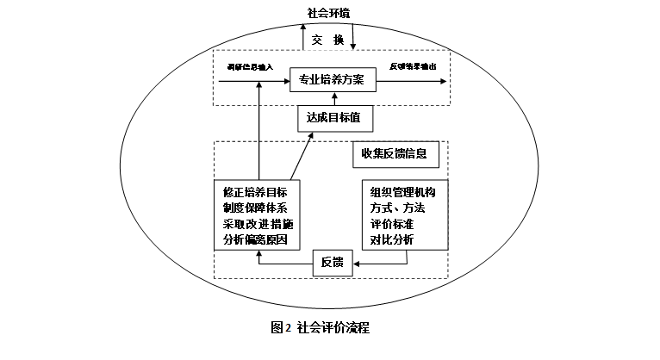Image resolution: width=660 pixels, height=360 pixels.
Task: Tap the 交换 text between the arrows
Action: click(x=328, y=39)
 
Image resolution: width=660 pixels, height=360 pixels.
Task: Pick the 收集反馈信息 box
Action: click(x=395, y=156)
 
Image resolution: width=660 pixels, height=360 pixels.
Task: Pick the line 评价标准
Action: click(x=392, y=224)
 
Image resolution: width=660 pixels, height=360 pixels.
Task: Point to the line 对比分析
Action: click(x=392, y=239)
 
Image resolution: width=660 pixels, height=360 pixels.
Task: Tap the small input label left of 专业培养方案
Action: click(x=249, y=66)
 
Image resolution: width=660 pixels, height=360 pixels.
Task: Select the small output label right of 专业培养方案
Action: click(x=413, y=66)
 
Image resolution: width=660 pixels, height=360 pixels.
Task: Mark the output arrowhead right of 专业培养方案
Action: click(x=443, y=82)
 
